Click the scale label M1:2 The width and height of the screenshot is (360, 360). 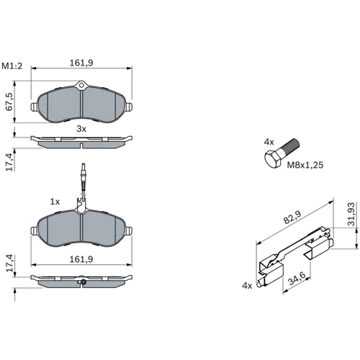coord(12,66)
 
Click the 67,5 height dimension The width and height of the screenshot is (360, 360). coord(9,102)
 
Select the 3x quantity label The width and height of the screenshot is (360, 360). coord(81,129)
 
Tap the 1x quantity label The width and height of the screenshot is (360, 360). coord(55,202)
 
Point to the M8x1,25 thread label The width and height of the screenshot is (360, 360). coord(305,165)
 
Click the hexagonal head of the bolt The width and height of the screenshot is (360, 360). coord(273,158)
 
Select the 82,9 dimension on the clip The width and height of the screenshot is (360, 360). coord(292,217)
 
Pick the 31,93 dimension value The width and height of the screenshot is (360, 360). coord(351,214)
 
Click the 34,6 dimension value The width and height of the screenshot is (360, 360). coord(297,278)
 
